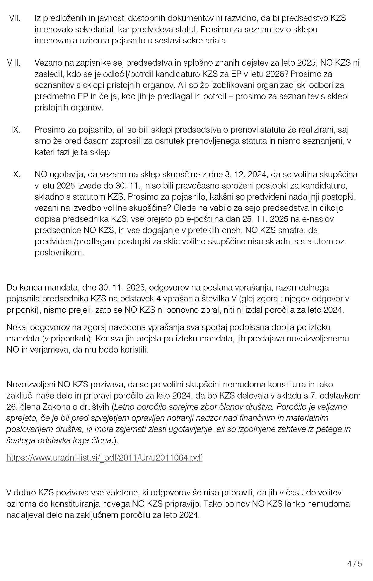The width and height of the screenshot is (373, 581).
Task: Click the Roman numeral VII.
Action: coord(15,18)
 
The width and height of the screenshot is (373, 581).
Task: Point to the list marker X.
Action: coord(17,175)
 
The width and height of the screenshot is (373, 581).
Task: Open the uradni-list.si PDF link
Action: coord(104,458)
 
